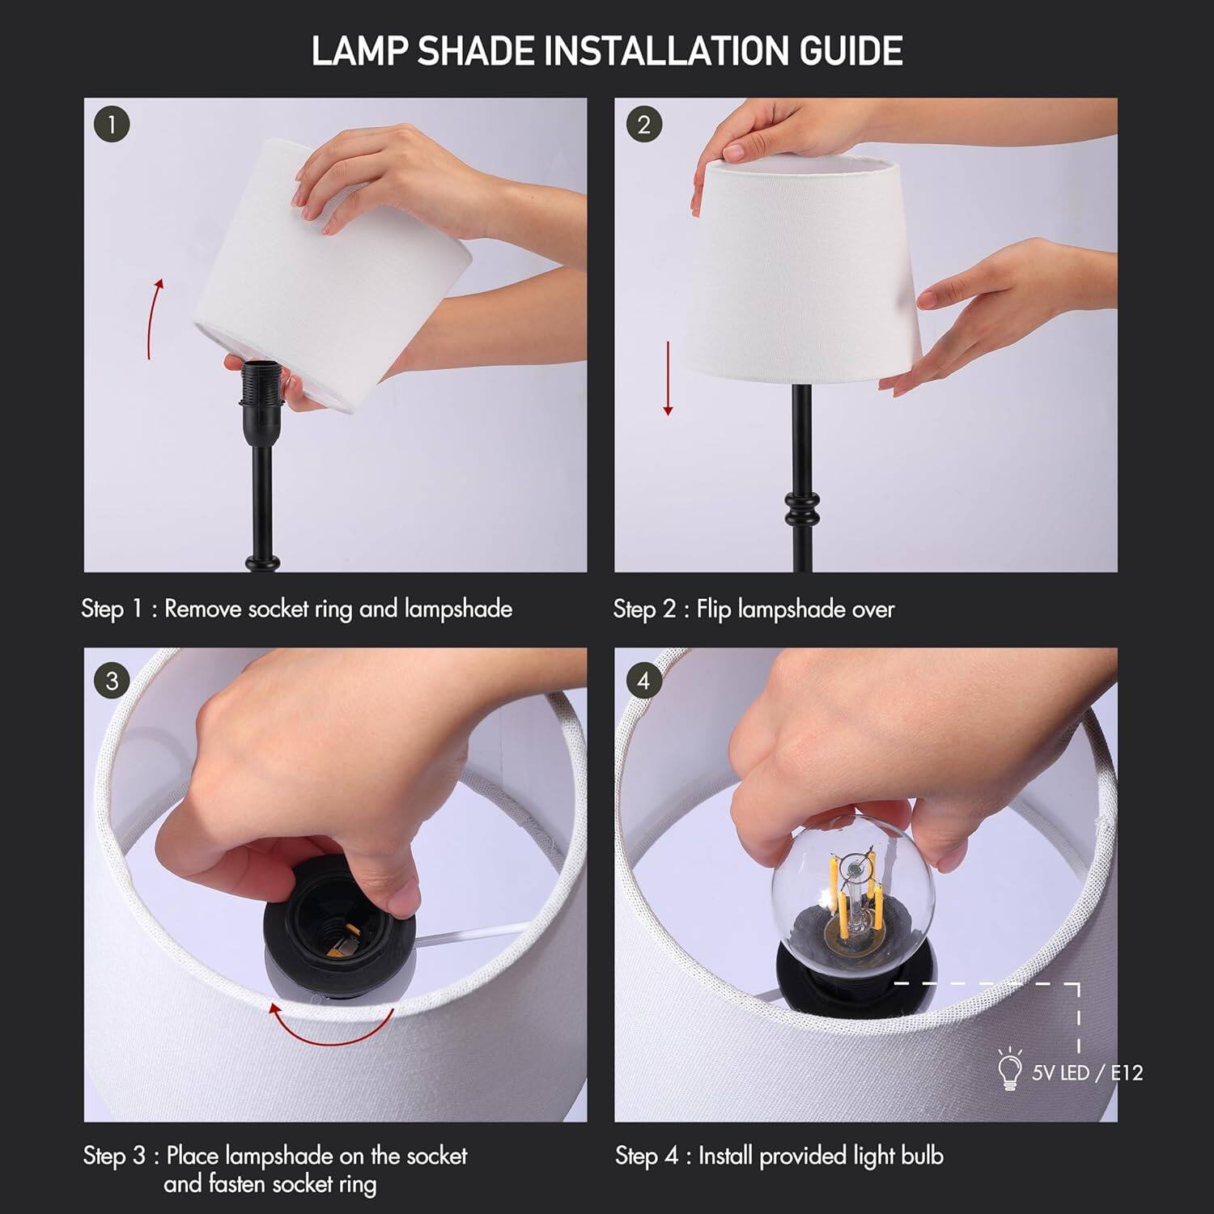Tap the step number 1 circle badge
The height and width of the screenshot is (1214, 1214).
coord(112,125)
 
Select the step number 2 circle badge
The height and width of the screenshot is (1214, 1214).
coord(643,125)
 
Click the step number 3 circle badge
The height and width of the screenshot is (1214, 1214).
coord(112,681)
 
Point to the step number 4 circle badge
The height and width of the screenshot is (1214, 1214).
coord(643,681)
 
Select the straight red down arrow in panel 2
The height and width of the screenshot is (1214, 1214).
coord(668,378)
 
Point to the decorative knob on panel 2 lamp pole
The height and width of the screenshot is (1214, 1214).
coord(801,508)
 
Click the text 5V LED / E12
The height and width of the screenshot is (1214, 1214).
coord(1086,1073)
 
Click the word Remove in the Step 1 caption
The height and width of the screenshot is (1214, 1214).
coord(204,609)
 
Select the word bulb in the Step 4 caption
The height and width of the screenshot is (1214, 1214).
coord(922,1156)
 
